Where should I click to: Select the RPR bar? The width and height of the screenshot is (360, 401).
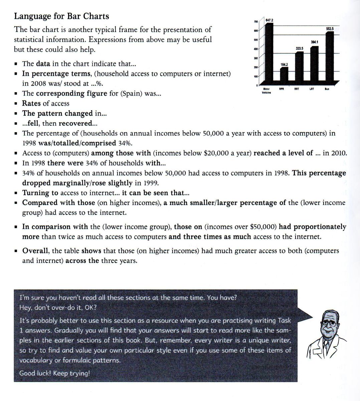(x=284, y=74)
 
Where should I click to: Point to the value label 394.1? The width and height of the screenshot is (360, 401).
(x=314, y=42)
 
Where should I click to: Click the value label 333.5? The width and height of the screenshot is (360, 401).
(x=299, y=48)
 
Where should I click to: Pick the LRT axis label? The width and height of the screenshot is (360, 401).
(x=311, y=89)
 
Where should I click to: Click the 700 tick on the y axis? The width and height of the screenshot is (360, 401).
(x=255, y=22)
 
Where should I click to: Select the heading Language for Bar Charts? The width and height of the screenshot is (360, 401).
(x=61, y=16)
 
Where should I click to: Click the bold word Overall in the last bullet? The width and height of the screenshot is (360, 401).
(x=36, y=251)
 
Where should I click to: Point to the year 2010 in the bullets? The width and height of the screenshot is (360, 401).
(x=339, y=153)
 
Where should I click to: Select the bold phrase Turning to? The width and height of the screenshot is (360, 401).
(x=40, y=193)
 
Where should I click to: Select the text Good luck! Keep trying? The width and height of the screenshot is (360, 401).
(x=54, y=373)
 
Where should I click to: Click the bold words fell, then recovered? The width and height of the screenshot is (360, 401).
(x=59, y=123)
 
